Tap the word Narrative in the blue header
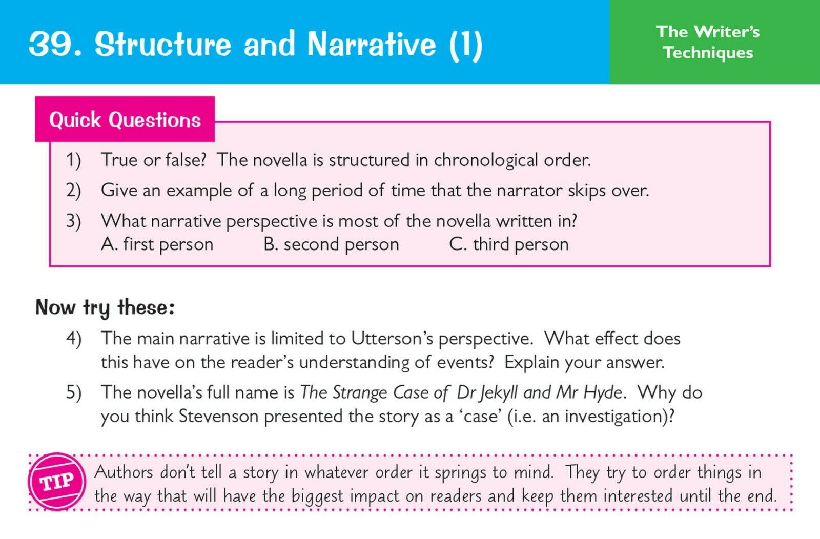tap(372, 44)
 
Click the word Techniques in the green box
tap(708, 52)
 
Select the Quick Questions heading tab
tap(125, 119)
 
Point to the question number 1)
tap(74, 160)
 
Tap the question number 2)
tap(74, 191)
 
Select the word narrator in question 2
tap(528, 191)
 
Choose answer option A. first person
tap(157, 244)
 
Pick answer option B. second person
tap(331, 244)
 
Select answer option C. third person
tap(509, 244)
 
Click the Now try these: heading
tap(105, 307)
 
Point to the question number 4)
tap(74, 339)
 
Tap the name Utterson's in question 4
tap(392, 339)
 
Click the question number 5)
tap(74, 392)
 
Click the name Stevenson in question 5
tap(218, 417)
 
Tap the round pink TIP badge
tap(57, 482)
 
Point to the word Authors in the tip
tap(124, 472)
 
